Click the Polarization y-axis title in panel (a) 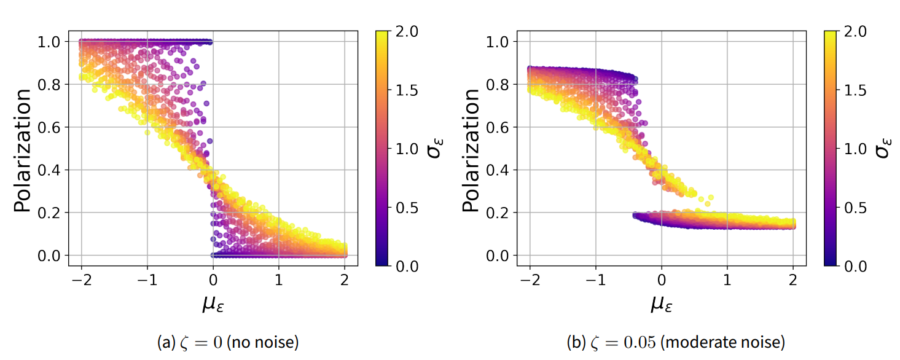click(x=23, y=151)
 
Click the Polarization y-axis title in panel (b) click(x=472, y=151)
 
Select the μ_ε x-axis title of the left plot click(x=213, y=303)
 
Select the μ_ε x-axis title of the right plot click(x=661, y=303)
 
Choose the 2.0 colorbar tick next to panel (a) click(x=402, y=32)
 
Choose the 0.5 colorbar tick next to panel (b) click(x=851, y=208)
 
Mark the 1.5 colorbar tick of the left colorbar click(x=402, y=90)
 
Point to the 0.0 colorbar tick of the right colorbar click(x=851, y=266)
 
